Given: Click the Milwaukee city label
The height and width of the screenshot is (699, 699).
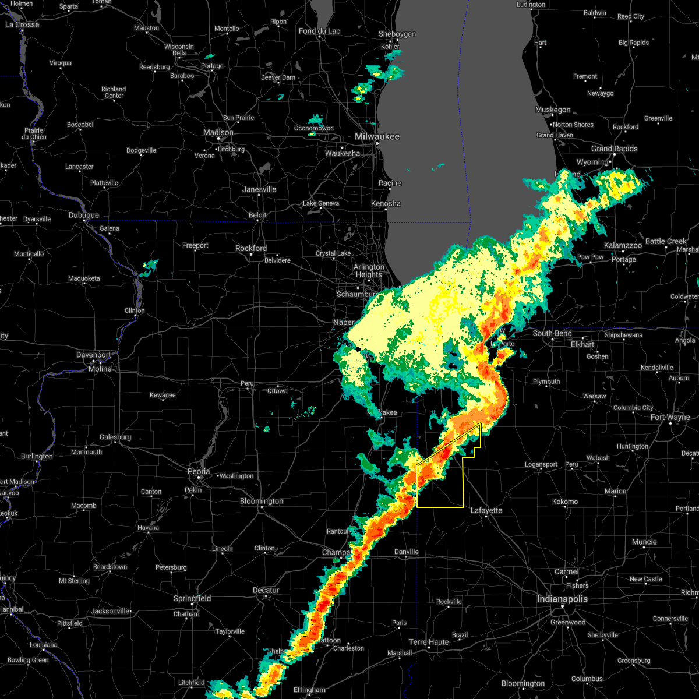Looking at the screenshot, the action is coord(377,136).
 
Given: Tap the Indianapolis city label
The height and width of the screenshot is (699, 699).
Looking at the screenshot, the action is coord(562,599).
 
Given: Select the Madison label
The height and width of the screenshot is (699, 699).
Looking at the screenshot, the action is coord(218,132).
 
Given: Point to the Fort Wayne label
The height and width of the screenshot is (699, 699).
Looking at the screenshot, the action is coord(670,417).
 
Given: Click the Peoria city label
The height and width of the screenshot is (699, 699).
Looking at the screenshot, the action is coord(199,471).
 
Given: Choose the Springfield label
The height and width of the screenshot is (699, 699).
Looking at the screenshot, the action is coord(192,598).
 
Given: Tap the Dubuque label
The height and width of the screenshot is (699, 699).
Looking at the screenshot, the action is coord(84,215).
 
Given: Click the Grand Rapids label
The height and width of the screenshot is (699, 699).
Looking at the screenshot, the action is coord(615,149).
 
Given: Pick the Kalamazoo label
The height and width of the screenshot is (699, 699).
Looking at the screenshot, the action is coord(623,245).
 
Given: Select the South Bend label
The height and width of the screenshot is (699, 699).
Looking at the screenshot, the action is coord(552,333).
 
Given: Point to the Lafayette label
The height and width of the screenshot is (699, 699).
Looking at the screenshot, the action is coord(486,510).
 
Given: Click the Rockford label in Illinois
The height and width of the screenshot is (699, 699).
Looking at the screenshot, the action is coord(251,248).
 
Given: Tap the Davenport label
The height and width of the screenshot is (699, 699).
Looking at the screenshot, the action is coord(94,355).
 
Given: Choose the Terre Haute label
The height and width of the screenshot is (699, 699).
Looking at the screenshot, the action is coord(429,642).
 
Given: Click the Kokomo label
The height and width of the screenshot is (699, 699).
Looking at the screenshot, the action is coord(565,501).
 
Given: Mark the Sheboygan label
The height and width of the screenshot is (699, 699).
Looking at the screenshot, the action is coord(397,34).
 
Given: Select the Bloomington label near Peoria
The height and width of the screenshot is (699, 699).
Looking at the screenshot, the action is coord(262,501).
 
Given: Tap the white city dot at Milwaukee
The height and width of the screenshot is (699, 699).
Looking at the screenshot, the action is coord(377,143).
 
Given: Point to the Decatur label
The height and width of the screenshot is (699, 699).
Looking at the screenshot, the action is coord(266,590).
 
